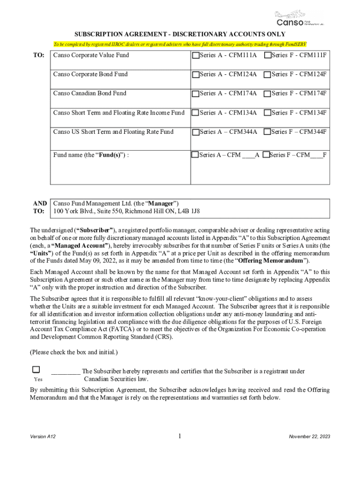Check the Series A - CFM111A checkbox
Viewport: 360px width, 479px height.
(195, 55)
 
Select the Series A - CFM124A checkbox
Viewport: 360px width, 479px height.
(195, 74)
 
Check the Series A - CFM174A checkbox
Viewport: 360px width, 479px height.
(195, 94)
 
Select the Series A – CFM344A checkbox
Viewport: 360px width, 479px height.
(195, 132)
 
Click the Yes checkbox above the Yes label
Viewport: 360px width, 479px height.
(36, 370)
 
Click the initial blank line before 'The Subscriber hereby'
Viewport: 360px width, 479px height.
(65, 372)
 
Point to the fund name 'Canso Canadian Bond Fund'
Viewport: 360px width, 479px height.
(90, 94)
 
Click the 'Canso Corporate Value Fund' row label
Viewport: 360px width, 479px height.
(91, 55)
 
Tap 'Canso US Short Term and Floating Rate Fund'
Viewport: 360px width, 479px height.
(113, 132)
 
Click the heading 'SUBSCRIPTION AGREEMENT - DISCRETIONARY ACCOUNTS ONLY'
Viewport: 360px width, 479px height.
(180, 34)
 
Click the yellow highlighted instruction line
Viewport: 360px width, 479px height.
(180, 44)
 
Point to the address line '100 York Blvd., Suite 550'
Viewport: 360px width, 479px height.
(127, 211)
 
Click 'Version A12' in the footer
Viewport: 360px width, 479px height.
(43, 436)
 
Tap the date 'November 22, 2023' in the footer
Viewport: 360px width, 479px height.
(309, 436)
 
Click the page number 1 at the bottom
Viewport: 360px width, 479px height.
(180, 436)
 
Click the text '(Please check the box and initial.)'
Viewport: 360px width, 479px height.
(74, 352)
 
